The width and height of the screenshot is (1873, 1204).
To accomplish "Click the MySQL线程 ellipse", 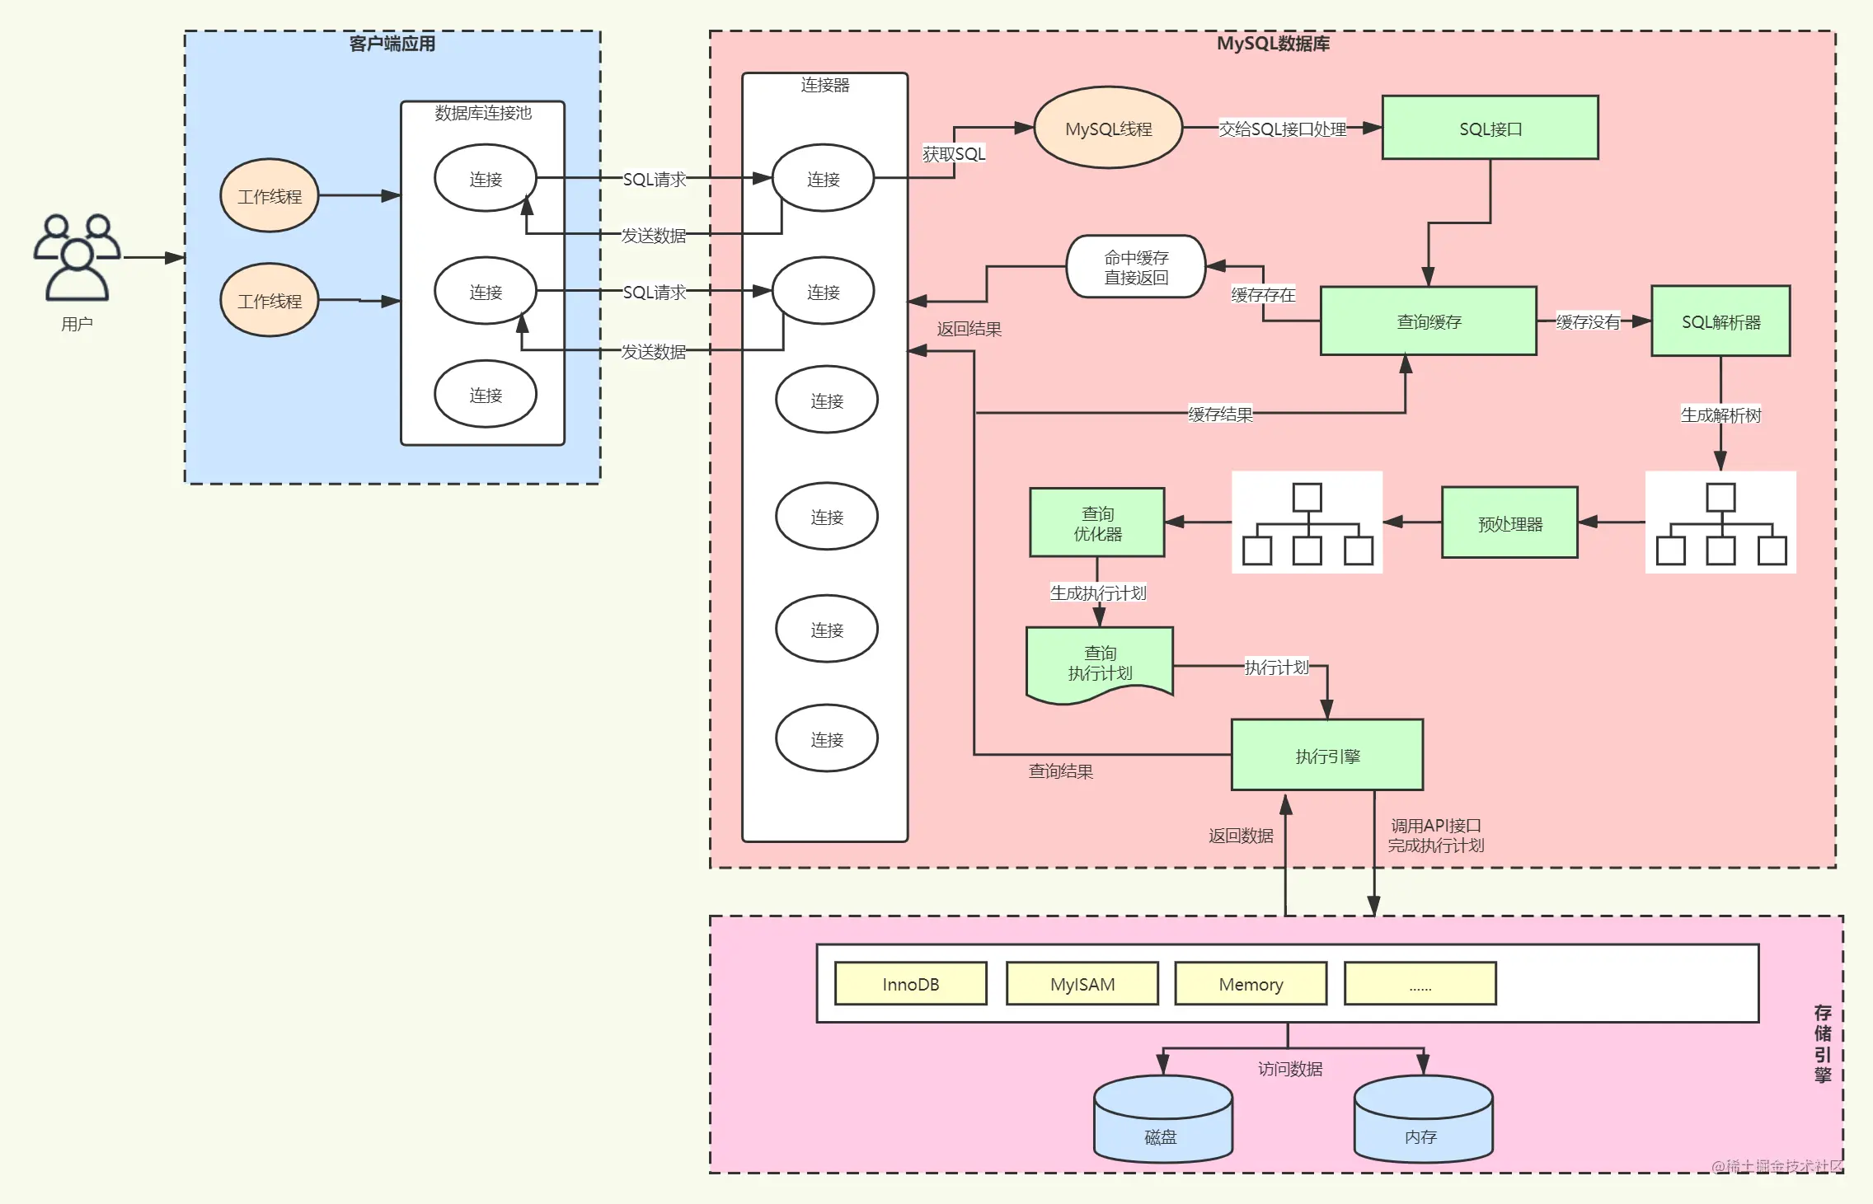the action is click(x=1108, y=128).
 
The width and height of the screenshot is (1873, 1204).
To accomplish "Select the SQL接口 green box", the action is click(x=1490, y=128).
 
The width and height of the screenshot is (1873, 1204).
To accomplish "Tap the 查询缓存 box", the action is click(x=1428, y=321).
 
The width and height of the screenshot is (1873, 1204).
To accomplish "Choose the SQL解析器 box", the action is click(x=1720, y=321).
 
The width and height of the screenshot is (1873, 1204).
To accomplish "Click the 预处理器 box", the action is click(x=1509, y=522).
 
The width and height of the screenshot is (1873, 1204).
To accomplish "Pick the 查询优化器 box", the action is click(x=1097, y=522).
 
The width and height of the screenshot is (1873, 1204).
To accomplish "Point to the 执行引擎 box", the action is click(x=1327, y=755).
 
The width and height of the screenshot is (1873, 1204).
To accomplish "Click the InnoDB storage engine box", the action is click(x=911, y=983).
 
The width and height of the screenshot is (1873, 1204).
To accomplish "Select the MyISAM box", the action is click(x=1082, y=983).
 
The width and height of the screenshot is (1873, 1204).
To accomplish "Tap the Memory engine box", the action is click(x=1251, y=983).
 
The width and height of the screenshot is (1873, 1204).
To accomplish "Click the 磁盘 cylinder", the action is click(x=1163, y=1118).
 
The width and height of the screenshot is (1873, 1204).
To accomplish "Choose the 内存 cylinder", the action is click(x=1424, y=1118).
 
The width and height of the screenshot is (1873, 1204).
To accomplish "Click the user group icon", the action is click(x=77, y=257).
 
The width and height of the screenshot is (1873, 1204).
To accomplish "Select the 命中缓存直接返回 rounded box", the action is click(x=1136, y=267).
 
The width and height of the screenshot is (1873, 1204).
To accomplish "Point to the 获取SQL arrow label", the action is click(x=954, y=153).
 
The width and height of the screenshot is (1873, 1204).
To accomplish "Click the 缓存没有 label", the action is click(x=1588, y=321).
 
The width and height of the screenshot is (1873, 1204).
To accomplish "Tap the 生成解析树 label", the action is click(x=1720, y=415).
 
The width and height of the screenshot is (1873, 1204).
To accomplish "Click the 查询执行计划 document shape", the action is click(x=1100, y=664).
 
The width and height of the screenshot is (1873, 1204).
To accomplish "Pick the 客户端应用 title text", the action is click(x=392, y=44).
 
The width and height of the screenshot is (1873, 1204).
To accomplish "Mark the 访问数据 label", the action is click(x=1290, y=1069).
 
